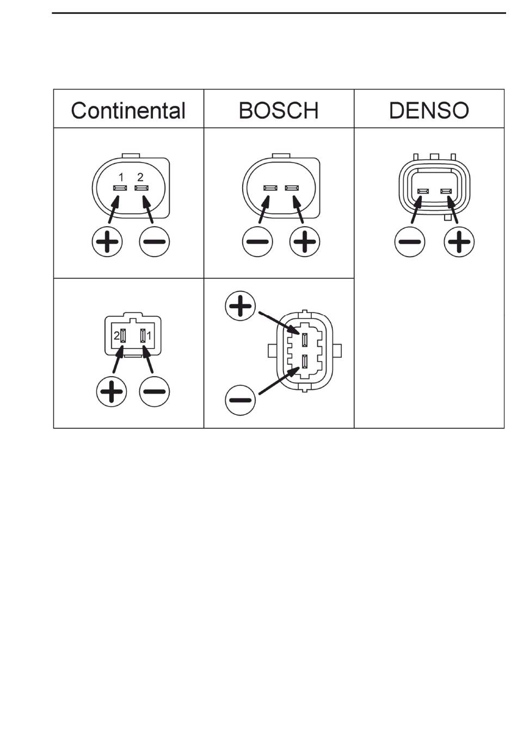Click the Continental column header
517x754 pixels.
(x=128, y=110)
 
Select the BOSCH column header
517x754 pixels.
(x=279, y=110)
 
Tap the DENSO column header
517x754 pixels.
(x=429, y=110)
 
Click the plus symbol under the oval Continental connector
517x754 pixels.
(x=107, y=241)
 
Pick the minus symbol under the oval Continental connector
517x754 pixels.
(x=155, y=241)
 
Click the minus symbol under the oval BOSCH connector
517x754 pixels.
(x=257, y=241)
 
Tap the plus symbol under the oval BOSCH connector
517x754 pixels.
(x=305, y=241)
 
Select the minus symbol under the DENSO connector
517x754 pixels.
(x=409, y=241)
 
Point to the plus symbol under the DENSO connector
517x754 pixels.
(x=459, y=241)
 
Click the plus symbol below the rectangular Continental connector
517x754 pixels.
(x=112, y=391)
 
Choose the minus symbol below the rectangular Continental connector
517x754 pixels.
(x=155, y=391)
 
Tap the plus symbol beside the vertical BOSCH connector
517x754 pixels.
(x=240, y=306)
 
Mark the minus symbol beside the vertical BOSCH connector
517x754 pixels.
(x=240, y=401)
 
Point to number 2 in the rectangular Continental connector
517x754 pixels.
(x=116, y=337)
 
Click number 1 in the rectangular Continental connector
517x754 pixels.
(x=150, y=337)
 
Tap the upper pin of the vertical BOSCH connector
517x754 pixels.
(x=305, y=340)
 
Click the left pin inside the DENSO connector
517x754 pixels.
(x=423, y=191)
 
